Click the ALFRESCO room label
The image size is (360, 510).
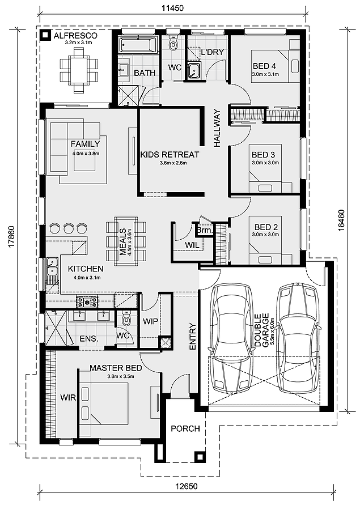[75, 36]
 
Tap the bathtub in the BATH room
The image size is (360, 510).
[139, 45]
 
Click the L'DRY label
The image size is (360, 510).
[213, 52]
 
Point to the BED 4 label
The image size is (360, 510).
[264, 66]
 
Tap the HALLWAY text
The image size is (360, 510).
[217, 128]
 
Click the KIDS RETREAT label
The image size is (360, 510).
[170, 154]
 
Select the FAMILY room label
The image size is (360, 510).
[85, 144]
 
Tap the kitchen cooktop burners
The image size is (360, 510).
[87, 302]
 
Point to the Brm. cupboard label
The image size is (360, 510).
[205, 231]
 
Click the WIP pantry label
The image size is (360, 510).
[150, 321]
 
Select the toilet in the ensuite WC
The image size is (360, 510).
[126, 318]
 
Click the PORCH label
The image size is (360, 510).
[185, 429]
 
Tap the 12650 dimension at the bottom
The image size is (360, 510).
[187, 487]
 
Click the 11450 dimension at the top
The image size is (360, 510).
[173, 8]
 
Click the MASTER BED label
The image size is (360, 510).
[116, 368]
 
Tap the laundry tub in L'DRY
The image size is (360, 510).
[194, 71]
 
